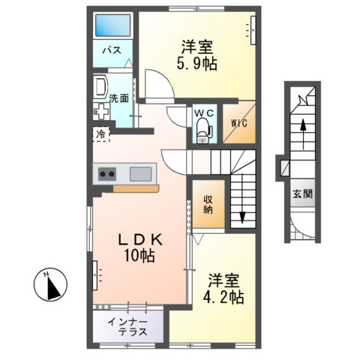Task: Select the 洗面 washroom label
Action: coord(118,98)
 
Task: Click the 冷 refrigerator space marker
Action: coord(100,135)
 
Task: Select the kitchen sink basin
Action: coord(140,174)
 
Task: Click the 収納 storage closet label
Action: coord(208,205)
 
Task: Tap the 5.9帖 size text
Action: coord(199,64)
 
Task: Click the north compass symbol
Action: coord(52,285)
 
